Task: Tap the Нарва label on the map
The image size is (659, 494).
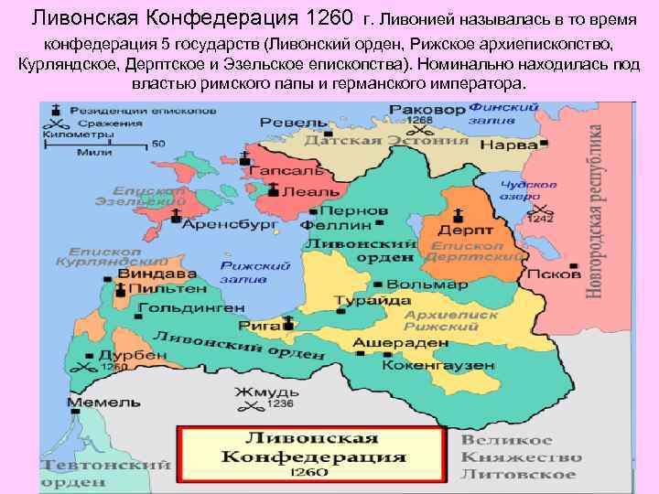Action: pyautogui.click(x=510, y=145)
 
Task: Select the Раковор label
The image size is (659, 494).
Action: pyautogui.click(x=396, y=109)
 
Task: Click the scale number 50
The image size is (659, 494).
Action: pyautogui.click(x=157, y=144)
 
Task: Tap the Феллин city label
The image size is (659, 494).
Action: pyautogui.click(x=335, y=224)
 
